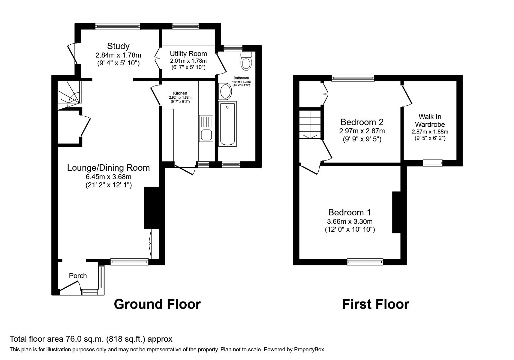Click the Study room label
pos(118,46)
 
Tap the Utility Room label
pos(188,54)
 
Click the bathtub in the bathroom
pos(227,124)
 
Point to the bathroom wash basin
pos(226,92)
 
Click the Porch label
pos(78,276)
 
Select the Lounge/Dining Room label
pos(108,168)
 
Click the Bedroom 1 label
pos(350,212)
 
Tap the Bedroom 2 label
pos(362,122)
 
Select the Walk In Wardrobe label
pos(430,121)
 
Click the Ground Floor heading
pos(157,304)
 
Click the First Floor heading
pos(376,304)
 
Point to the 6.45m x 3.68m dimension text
pos(108,177)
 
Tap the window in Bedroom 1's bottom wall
pos(365,262)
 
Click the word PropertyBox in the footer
pos(309,349)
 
